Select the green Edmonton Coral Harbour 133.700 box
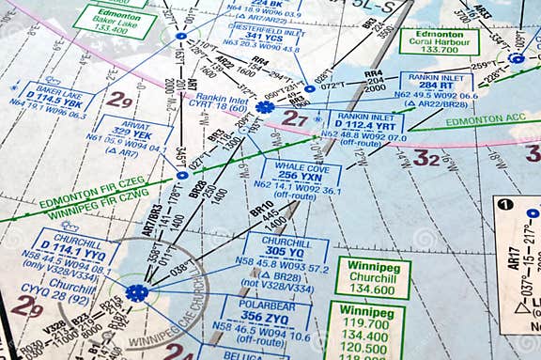coord(439,41)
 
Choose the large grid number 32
coord(426,158)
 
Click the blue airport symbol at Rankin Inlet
coord(266,107)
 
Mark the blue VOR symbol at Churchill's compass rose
coord(137,293)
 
